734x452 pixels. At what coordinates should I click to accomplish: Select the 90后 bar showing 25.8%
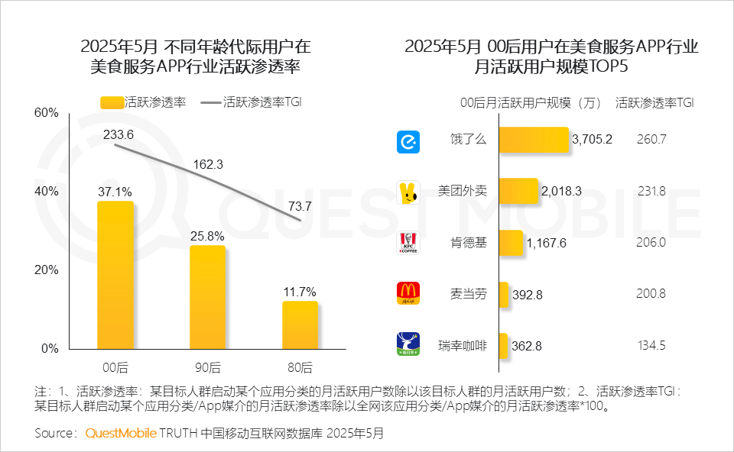[207, 297]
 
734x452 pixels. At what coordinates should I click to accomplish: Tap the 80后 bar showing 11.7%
[300, 324]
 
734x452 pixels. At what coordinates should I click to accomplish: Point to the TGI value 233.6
[119, 134]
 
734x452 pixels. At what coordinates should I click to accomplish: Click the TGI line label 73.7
[299, 205]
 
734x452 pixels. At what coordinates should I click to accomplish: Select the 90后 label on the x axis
[207, 366]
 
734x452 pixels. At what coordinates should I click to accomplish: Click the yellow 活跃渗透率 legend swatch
[112, 103]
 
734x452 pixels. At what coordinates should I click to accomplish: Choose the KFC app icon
[408, 243]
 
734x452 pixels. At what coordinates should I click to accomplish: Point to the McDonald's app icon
[408, 293]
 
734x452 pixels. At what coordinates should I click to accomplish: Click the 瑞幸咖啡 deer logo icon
[408, 344]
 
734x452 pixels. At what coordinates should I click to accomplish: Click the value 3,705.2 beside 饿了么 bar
[592, 140]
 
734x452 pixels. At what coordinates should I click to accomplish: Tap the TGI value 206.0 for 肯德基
[651, 242]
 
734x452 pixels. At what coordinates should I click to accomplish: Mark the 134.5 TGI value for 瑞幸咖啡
[651, 345]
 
